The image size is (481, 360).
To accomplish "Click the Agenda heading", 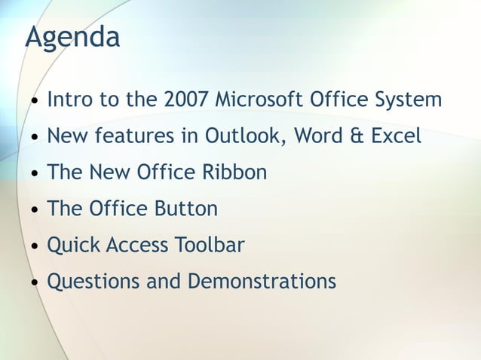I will point(72,37).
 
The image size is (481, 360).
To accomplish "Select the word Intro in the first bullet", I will point(67,99).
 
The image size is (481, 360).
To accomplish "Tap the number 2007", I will point(185,99).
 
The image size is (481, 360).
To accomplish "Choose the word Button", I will point(185,209).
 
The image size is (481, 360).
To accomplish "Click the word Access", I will point(139,246).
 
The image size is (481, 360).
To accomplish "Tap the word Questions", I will point(90,282).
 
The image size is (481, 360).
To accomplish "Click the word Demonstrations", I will point(262,282).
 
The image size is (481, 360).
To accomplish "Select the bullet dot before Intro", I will point(35,102).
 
